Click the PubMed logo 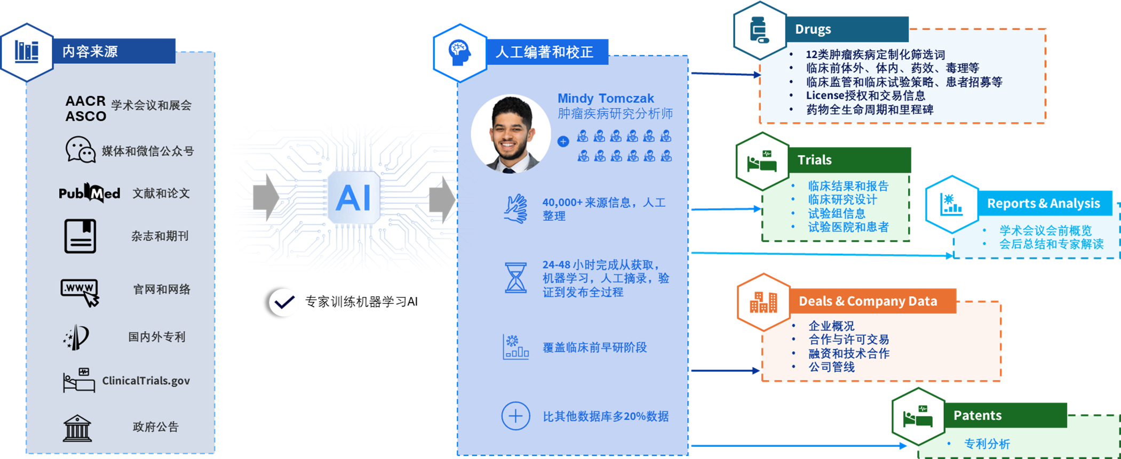(89, 193)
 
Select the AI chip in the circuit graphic (353, 197)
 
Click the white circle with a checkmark (284, 303)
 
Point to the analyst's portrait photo (511, 134)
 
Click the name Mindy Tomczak (606, 99)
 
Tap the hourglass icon (515, 278)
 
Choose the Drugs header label (813, 29)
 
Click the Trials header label (814, 160)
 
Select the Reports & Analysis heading (1043, 203)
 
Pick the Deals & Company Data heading (868, 301)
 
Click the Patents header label (977, 415)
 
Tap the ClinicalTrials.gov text (146, 381)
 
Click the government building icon (77, 428)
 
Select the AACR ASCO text (85, 108)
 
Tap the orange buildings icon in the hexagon (764, 302)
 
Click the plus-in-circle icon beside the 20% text (515, 416)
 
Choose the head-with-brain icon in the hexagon (459, 52)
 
